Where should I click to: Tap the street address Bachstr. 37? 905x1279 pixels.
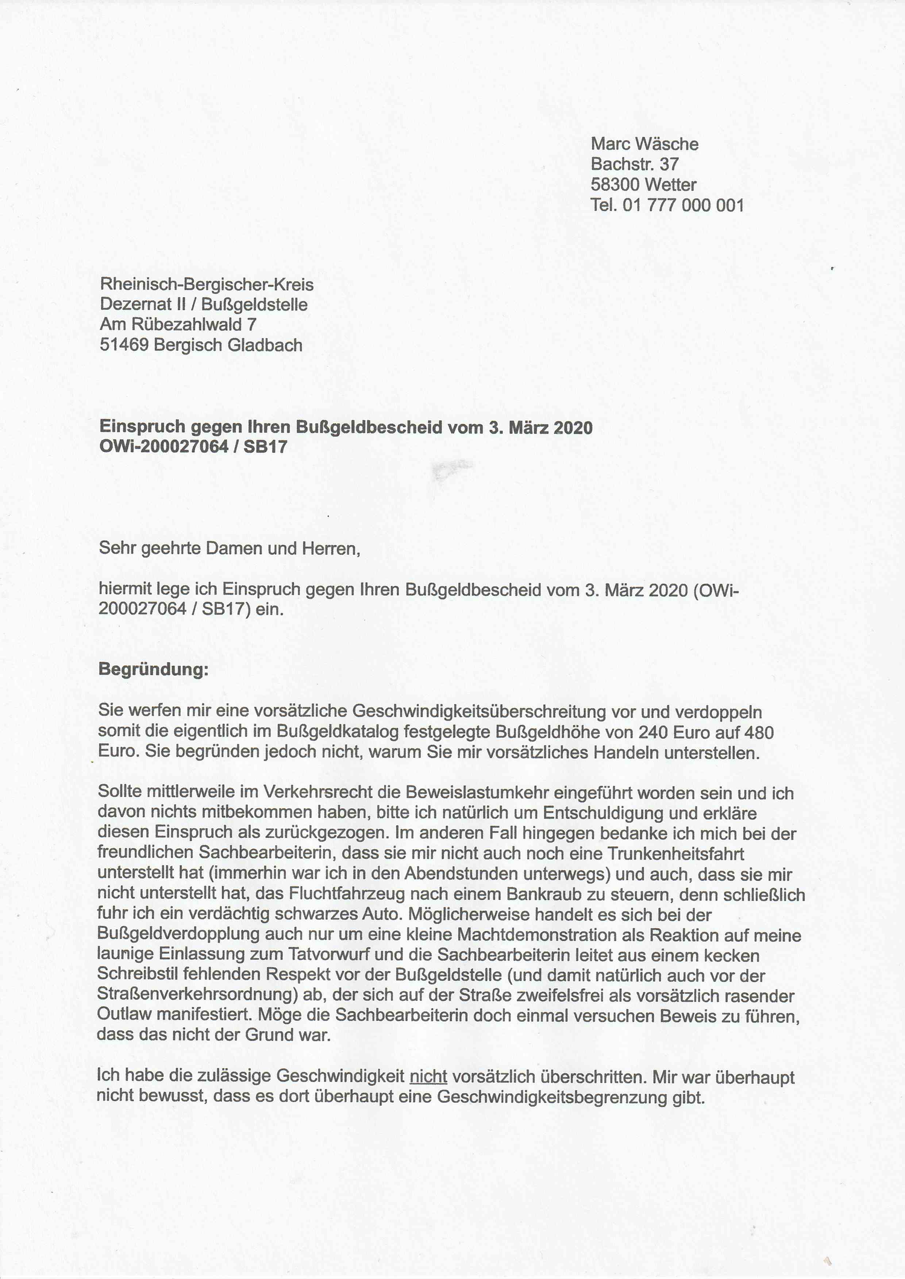tap(635, 164)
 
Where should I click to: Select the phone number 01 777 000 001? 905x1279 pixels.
tap(683, 206)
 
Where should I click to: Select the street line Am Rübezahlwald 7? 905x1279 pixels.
tap(178, 325)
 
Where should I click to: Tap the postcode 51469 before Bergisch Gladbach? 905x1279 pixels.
tap(124, 345)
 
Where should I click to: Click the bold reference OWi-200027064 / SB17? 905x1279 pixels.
tap(193, 446)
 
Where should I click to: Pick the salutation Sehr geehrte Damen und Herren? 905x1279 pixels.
tap(229, 549)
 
